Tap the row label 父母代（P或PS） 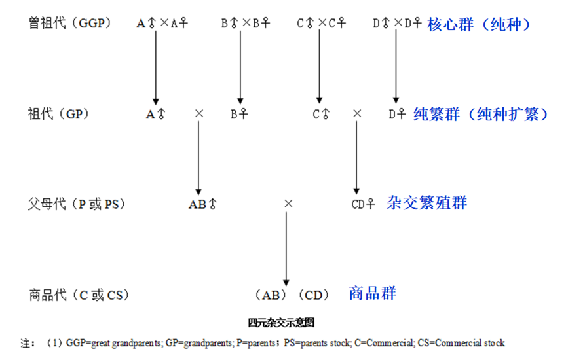click(x=77, y=204)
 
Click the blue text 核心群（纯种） click(x=478, y=24)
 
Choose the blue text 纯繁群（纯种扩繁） click(x=480, y=114)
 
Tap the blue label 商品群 click(x=373, y=293)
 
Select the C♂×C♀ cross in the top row click(x=320, y=24)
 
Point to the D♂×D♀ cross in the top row click(x=396, y=24)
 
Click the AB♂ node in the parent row click(x=202, y=204)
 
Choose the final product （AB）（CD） click(x=292, y=295)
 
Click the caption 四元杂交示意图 click(x=282, y=322)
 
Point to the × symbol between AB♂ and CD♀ click(x=288, y=204)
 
